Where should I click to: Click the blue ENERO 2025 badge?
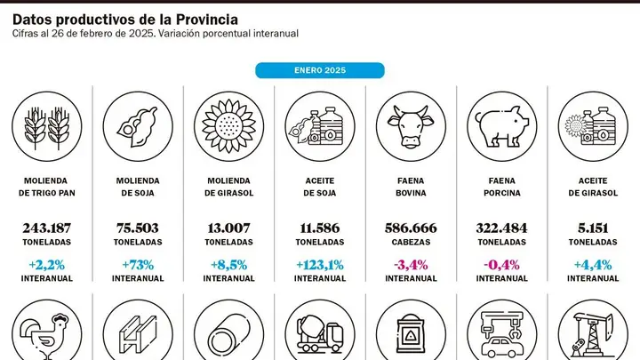[320, 70]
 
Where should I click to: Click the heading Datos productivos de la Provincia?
[125, 20]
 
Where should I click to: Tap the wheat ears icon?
[47, 126]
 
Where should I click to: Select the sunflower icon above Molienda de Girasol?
[229, 126]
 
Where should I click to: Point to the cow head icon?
[411, 126]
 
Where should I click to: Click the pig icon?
[502, 126]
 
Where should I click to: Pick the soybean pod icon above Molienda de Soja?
[138, 126]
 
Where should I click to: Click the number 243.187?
[47, 228]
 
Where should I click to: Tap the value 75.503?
[138, 228]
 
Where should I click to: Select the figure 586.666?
[411, 228]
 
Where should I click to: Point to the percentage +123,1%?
[320, 265]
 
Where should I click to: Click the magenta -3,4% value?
[411, 265]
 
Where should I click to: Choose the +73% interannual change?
[138, 265]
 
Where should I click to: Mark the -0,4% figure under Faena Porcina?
[502, 265]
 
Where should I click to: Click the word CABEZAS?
[411, 242]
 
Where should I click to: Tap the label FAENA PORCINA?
[502, 187]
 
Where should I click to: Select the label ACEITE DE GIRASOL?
[593, 187]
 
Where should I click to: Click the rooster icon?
[47, 334]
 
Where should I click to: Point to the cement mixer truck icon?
[320, 334]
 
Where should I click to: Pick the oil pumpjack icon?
[593, 334]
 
